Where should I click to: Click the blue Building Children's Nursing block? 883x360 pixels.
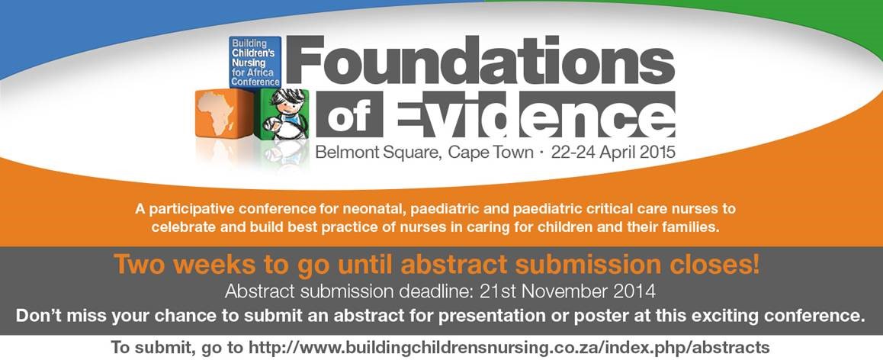click(255, 62)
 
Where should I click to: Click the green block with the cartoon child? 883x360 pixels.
click(282, 114)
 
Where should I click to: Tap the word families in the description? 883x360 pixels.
click(693, 229)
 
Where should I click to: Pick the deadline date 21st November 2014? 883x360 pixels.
click(567, 292)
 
